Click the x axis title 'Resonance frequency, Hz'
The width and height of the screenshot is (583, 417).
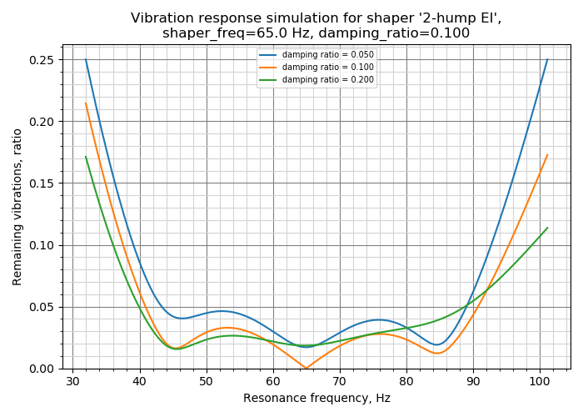pyautogui.click(x=316, y=399)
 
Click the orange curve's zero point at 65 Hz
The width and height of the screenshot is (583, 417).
pyautogui.click(x=306, y=368)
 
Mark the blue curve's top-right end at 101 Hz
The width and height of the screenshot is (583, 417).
pyautogui.click(x=547, y=59)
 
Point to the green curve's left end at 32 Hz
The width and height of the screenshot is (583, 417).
pyautogui.click(x=86, y=157)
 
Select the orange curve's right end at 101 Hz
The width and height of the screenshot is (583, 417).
pyautogui.click(x=547, y=155)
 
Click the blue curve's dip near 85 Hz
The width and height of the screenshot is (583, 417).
pyautogui.click(x=437, y=344)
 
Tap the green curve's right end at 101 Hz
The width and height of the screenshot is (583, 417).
pyautogui.click(x=547, y=228)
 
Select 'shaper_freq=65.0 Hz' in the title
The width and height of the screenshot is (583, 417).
pyautogui.click(x=223, y=33)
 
